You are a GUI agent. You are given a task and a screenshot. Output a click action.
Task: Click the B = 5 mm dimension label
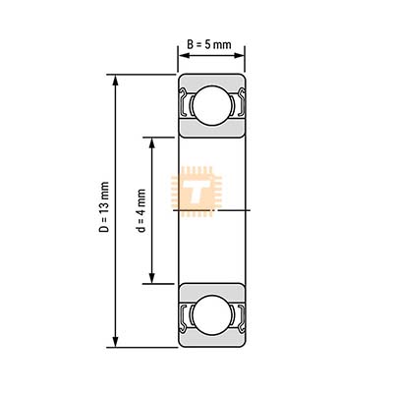209,44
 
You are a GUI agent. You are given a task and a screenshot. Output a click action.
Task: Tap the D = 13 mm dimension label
104,207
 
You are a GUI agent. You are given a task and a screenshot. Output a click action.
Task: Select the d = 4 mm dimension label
141,210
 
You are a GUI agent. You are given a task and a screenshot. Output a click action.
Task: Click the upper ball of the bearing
211,105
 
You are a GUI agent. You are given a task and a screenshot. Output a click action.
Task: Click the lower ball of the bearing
211,315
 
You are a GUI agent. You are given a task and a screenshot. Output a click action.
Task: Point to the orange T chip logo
196,192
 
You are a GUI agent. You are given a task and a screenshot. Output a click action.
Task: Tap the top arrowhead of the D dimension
115,81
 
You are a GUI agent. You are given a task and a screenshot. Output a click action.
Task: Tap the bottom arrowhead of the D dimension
115,342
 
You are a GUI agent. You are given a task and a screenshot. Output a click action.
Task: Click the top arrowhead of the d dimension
151,143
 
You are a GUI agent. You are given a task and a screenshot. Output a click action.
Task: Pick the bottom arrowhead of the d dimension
151,278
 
